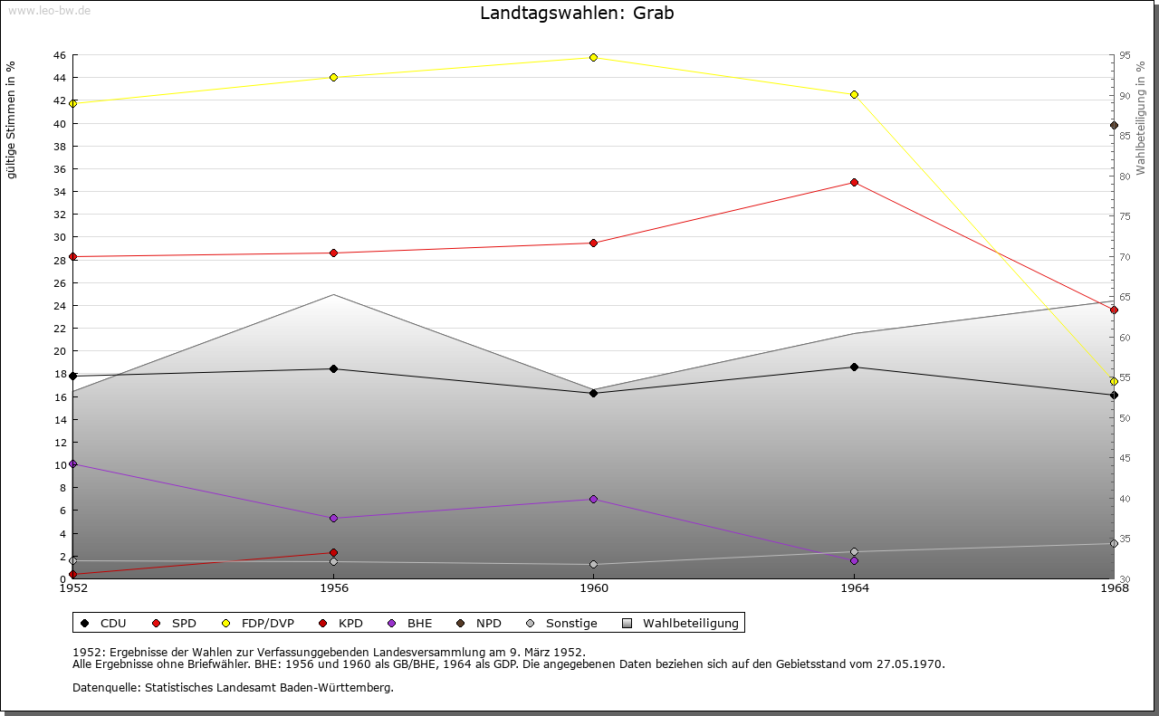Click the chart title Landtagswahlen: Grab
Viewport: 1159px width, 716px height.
pos(577,14)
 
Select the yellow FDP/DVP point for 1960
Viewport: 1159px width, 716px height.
pos(594,57)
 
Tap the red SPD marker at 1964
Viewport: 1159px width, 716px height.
pos(854,182)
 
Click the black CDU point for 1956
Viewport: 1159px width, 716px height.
pos(333,368)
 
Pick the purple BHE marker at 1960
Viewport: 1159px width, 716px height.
pos(594,499)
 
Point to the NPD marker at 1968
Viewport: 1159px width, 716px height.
pos(1114,125)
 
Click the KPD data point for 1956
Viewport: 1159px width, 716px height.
pos(333,552)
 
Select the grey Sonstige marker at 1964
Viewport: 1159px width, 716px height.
pos(854,551)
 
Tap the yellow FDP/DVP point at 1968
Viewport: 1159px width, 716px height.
pos(1114,381)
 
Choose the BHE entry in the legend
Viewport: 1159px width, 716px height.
pos(419,623)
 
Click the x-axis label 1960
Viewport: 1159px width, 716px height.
pos(594,588)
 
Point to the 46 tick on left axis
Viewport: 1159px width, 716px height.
pos(59,55)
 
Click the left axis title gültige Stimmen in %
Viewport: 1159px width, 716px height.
pos(12,119)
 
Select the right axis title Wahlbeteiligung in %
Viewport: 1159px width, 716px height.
pos(1141,113)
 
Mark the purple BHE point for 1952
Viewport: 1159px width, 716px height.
pos(73,463)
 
